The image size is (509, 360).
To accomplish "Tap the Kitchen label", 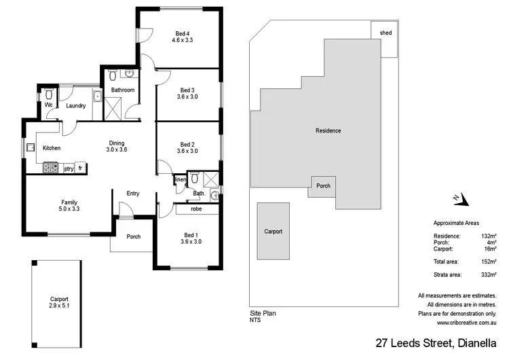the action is point(52,148).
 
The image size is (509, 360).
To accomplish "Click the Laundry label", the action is point(76,105).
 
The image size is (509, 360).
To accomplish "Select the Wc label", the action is point(49,105).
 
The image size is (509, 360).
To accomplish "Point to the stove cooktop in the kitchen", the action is point(51,167).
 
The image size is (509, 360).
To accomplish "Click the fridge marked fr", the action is point(80,168).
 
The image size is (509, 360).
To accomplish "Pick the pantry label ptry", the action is point(69,168).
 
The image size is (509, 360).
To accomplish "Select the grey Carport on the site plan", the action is point(273,231).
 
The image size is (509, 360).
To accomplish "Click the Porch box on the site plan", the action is point(323,185).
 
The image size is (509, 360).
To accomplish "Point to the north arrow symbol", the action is point(461,198).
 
